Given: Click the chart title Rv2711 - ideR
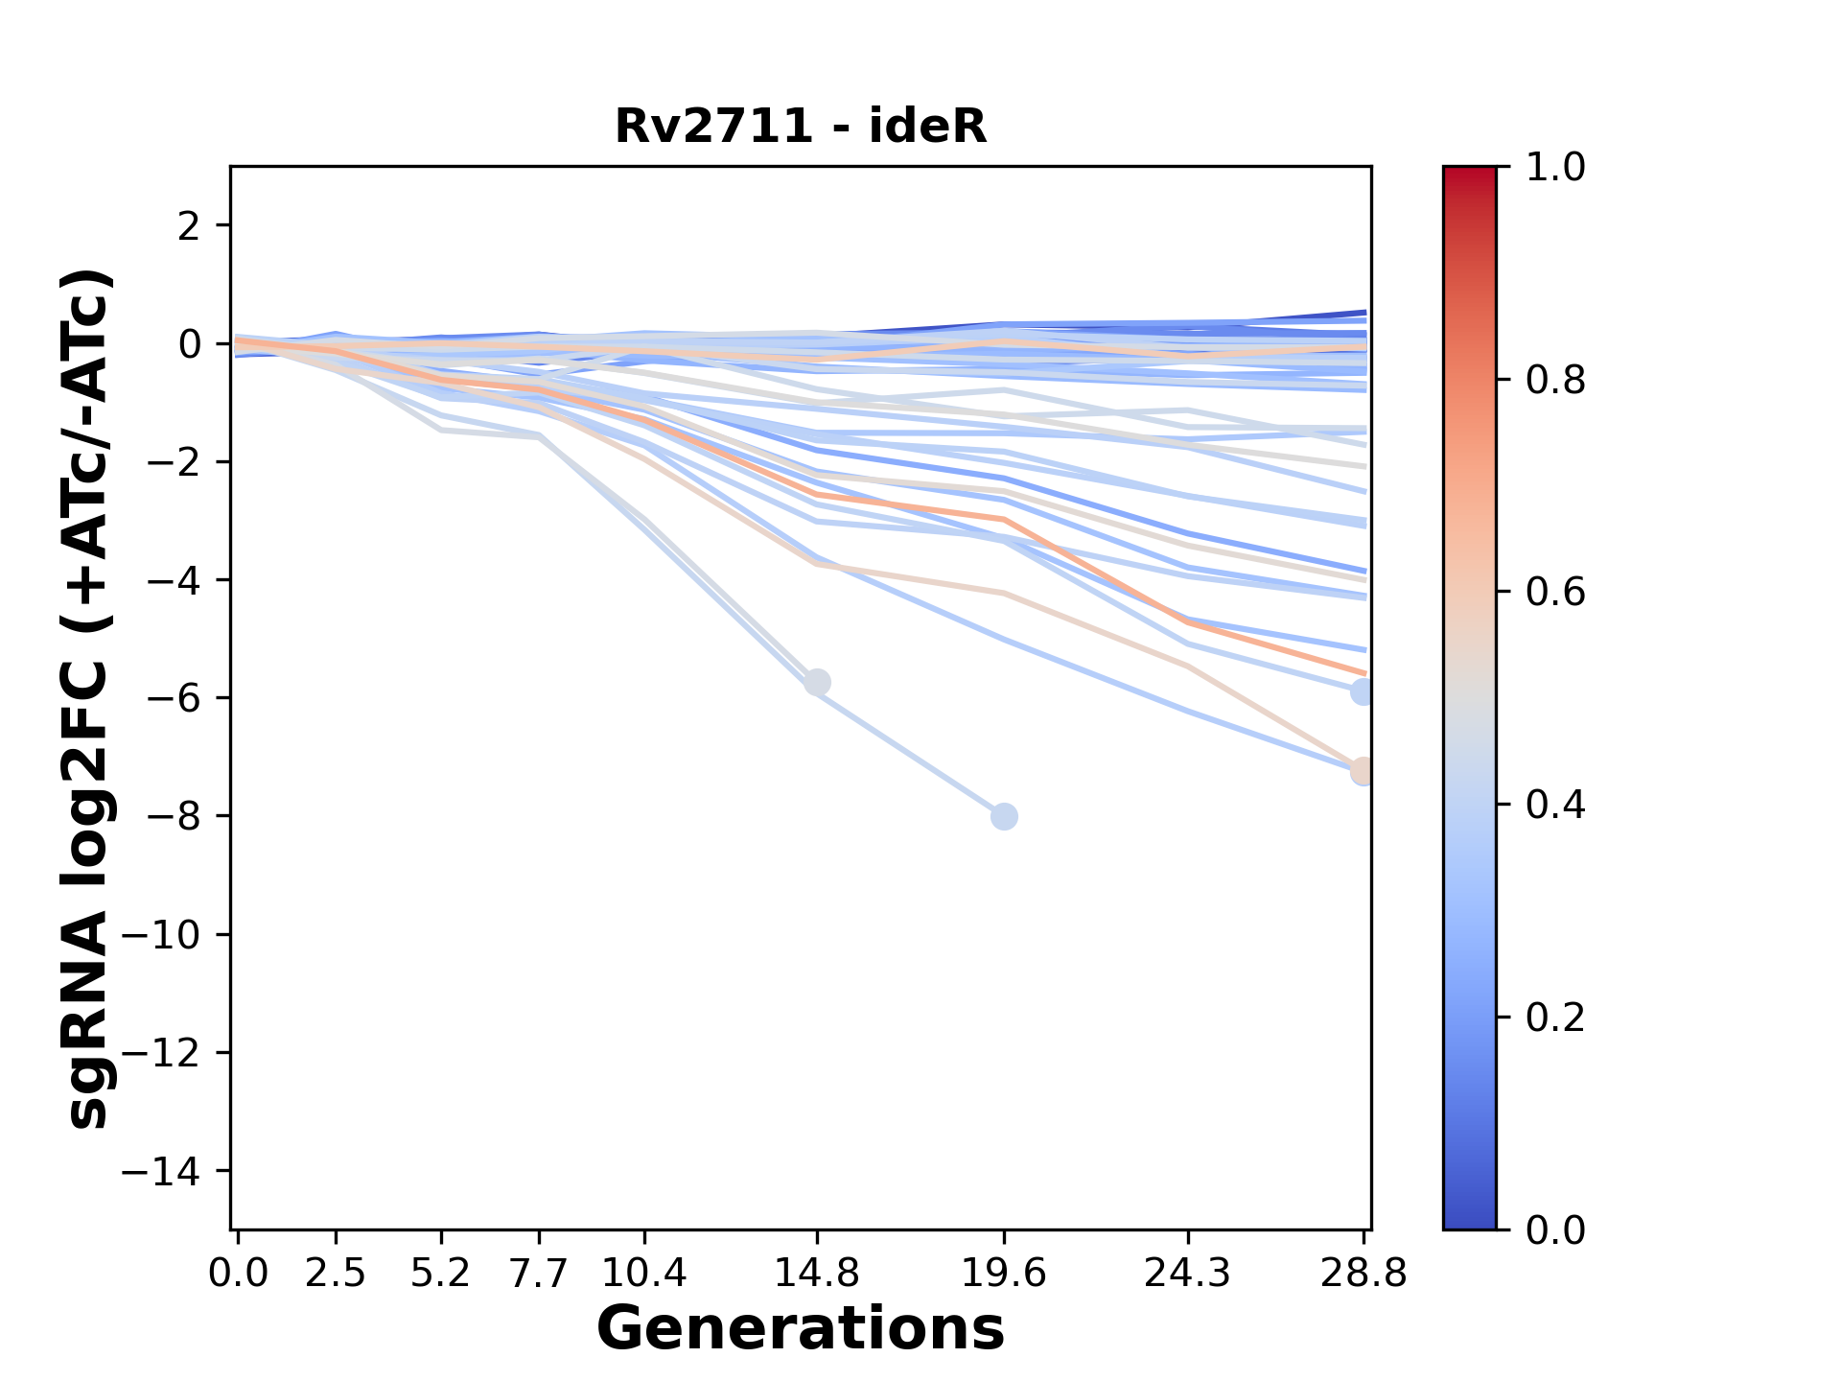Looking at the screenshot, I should [801, 127].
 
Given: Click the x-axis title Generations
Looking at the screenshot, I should [801, 1329].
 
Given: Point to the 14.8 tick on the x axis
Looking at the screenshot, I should [816, 1274].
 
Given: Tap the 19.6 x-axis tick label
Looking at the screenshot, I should [1004, 1274].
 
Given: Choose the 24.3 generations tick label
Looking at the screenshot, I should [1188, 1274].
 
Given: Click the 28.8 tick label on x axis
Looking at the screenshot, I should [1363, 1274].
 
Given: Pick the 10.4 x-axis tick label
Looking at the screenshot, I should [644, 1274].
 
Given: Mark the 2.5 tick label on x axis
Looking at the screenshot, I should [336, 1274].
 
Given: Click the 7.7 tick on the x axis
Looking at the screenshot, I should [539, 1274].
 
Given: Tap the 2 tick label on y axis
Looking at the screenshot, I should [189, 226].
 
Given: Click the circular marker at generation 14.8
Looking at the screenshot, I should [817, 683].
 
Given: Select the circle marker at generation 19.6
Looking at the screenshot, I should [1004, 817].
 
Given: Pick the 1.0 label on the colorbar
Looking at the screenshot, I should [1555, 168].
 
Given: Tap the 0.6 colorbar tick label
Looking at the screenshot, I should [1555, 593].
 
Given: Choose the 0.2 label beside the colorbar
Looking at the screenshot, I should [1555, 1018].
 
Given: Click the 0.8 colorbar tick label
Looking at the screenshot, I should [1555, 381].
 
